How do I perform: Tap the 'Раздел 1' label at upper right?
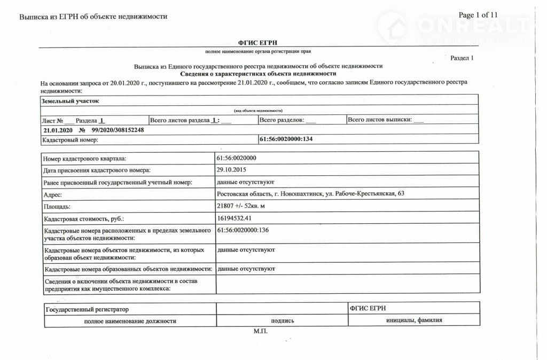[462, 58]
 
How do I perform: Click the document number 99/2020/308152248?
[118, 130]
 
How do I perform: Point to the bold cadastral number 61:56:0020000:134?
[285, 139]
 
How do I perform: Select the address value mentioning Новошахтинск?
[310, 193]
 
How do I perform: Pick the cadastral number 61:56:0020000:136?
[243, 230]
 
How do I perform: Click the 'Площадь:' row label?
[57, 207]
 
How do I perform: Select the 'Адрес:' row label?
[53, 195]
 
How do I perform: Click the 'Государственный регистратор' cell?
[87, 309]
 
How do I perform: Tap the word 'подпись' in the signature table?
[282, 321]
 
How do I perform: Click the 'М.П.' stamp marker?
[260, 331]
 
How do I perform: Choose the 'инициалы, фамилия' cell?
[414, 320]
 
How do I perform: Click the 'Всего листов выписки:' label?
[380, 120]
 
